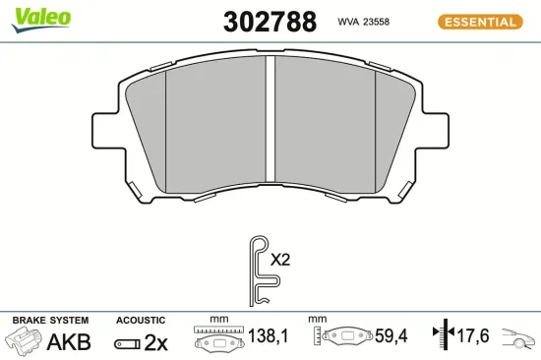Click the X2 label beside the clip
(x=281, y=261)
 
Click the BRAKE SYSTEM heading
(x=50, y=321)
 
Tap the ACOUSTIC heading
(x=141, y=321)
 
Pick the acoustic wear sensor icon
(x=127, y=343)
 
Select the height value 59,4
(x=389, y=336)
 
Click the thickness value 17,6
(x=474, y=336)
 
